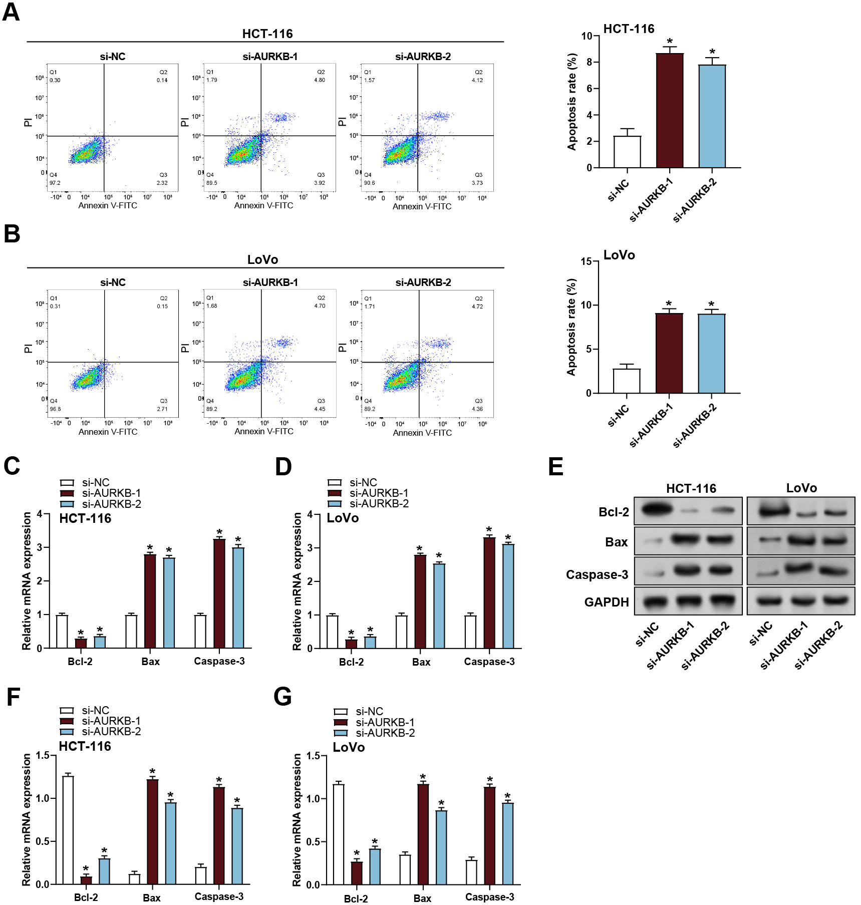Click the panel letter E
coord(556,466)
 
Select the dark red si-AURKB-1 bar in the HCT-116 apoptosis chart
coord(670,110)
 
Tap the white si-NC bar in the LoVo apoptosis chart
coord(627,381)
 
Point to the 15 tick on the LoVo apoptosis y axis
coord(586,261)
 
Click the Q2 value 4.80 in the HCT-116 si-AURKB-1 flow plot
coord(320,80)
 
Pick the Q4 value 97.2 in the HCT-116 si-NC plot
coord(55,183)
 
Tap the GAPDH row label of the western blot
coord(607,602)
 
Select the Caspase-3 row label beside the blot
coord(597,574)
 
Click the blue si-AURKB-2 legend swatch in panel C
coord(67,504)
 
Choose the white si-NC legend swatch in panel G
coord(341,712)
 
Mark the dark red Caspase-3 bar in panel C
coord(219,593)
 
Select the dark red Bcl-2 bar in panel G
coord(357,872)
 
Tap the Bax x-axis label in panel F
coord(152,898)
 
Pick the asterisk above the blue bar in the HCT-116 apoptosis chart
coord(712,52)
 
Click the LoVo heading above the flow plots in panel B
coord(262,259)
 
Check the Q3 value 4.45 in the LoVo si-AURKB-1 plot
coord(320,409)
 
